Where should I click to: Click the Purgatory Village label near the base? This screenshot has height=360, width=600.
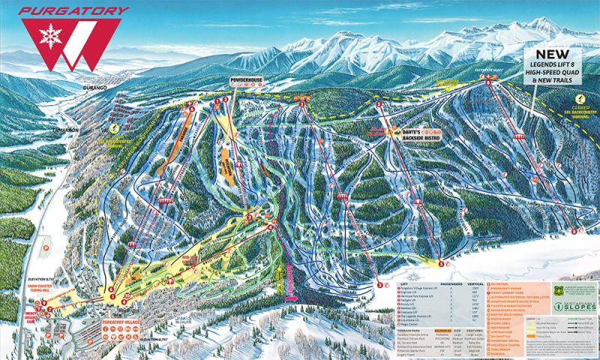click(98, 323)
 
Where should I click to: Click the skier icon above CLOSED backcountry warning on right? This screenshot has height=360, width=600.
click(579, 98)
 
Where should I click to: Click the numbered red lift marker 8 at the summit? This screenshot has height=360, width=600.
click(488, 77)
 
